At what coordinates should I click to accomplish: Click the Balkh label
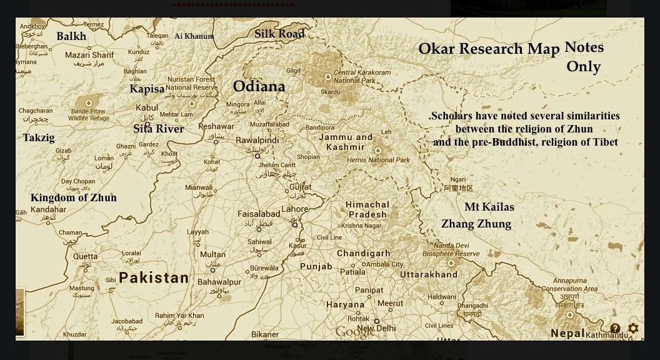pyautogui.click(x=71, y=36)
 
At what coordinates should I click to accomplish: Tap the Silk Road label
pyautogui.click(x=279, y=34)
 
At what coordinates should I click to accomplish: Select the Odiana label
pyautogui.click(x=259, y=87)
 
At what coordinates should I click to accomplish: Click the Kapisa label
pyautogui.click(x=147, y=89)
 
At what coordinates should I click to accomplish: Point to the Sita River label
pyautogui.click(x=158, y=129)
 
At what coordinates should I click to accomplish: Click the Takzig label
pyautogui.click(x=39, y=138)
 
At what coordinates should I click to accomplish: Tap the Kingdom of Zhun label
pyautogui.click(x=74, y=198)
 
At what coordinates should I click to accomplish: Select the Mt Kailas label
pyautogui.click(x=489, y=207)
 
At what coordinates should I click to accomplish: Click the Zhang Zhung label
pyautogui.click(x=476, y=224)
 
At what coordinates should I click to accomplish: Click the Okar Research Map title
pyautogui.click(x=489, y=49)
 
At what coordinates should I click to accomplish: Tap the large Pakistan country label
pyautogui.click(x=154, y=278)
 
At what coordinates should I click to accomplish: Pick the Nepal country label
pyautogui.click(x=567, y=334)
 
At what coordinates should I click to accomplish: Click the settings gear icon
pyautogui.click(x=633, y=329)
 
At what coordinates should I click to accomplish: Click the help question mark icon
pyautogui.click(x=615, y=329)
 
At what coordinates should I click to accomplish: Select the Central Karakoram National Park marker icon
pyautogui.click(x=327, y=77)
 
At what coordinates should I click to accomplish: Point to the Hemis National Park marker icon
pyautogui.click(x=377, y=151)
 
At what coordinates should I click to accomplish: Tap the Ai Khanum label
pyautogui.click(x=194, y=36)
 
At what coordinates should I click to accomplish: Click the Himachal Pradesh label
pyautogui.click(x=367, y=209)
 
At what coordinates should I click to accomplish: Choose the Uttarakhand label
pyautogui.click(x=429, y=274)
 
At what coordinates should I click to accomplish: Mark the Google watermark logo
pyautogui.click(x=355, y=331)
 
